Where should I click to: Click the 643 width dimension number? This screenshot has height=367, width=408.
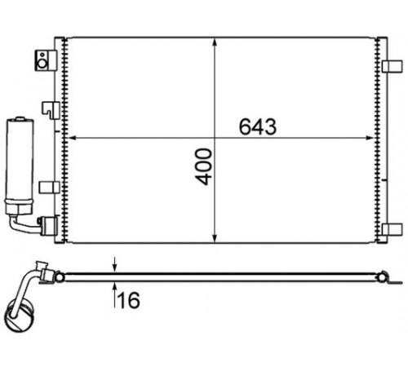258,126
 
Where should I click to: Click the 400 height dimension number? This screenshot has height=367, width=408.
204,166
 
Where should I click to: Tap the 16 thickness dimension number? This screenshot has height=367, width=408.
129,300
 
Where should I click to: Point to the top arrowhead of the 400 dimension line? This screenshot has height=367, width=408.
215,44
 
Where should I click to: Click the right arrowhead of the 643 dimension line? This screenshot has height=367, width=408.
369,138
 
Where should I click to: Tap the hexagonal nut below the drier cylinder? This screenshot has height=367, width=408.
19,208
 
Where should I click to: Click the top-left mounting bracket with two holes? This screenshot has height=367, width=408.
46,60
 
